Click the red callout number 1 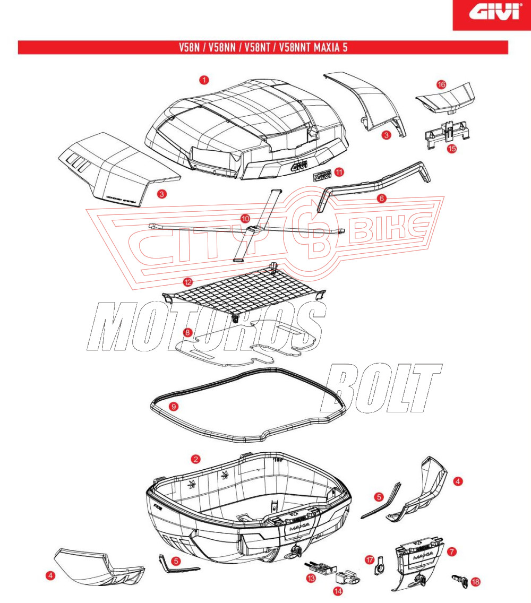204,80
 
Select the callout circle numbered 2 196,459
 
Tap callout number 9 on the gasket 172,407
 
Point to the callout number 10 245,218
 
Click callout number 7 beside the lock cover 451,552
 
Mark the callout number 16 441,84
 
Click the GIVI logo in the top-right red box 491,13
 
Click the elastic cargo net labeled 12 244,292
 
